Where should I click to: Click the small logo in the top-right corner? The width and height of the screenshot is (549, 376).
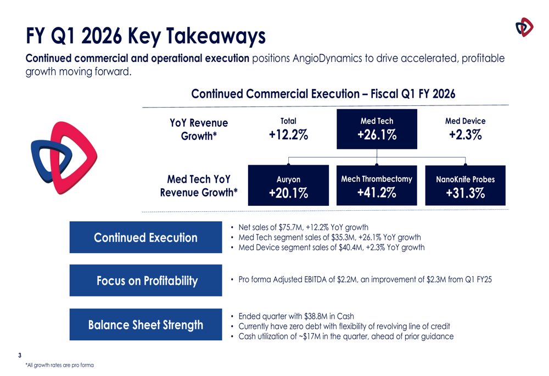pyautogui.click(x=524, y=27)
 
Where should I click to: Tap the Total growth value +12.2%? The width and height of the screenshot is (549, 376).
pyautogui.click(x=288, y=135)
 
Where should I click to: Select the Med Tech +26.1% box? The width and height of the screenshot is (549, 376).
pyautogui.click(x=377, y=129)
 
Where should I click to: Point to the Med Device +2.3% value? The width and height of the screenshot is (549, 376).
pyautogui.click(x=465, y=135)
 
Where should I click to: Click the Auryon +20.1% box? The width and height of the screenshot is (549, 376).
pyautogui.click(x=288, y=186)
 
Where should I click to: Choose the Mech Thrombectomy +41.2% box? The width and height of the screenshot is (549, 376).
pyautogui.click(x=377, y=186)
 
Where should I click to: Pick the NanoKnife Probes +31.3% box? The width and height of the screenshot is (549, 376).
pyautogui.click(x=465, y=186)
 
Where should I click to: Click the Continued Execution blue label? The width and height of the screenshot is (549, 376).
pyautogui.click(x=145, y=238)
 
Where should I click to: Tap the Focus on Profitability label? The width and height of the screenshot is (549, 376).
pyautogui.click(x=145, y=280)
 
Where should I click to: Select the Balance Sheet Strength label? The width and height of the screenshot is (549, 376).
pyautogui.click(x=145, y=325)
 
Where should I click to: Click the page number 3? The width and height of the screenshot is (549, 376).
pyautogui.click(x=20, y=355)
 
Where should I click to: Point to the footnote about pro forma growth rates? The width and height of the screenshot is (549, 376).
pyautogui.click(x=59, y=365)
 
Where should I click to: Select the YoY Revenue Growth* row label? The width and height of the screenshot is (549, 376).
pyautogui.click(x=199, y=129)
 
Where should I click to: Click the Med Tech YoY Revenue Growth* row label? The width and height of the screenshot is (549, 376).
pyautogui.click(x=199, y=186)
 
